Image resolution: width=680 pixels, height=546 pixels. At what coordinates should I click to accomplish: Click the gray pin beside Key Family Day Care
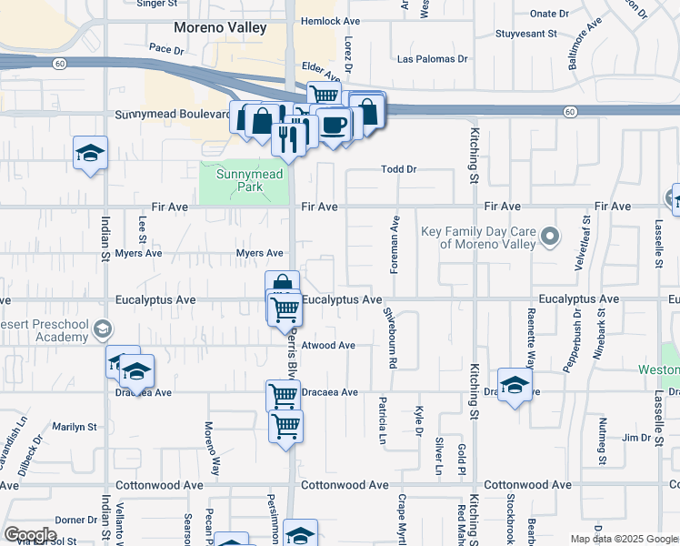(x=549, y=238)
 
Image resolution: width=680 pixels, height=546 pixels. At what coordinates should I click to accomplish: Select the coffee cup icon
(x=333, y=125)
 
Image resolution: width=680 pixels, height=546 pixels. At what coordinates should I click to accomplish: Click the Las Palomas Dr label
(x=433, y=59)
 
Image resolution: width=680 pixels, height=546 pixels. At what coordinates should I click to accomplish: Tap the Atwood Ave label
(x=328, y=346)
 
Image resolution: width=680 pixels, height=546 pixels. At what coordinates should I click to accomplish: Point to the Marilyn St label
(x=75, y=427)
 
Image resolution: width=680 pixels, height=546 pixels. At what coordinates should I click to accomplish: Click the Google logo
(x=30, y=534)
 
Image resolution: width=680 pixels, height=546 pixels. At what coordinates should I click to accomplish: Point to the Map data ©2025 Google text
(x=623, y=539)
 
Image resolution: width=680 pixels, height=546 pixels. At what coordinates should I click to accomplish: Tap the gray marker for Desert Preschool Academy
(x=103, y=329)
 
